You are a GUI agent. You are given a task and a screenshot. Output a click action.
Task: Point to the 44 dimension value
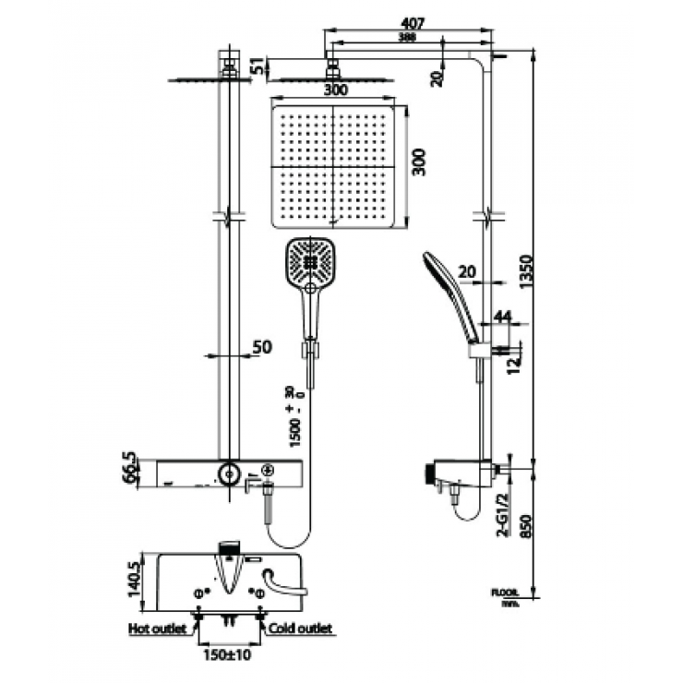[x=502, y=317]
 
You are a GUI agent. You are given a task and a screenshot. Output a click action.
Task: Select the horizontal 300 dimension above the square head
[x=336, y=90]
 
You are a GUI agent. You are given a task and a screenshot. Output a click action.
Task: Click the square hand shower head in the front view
[x=309, y=260]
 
